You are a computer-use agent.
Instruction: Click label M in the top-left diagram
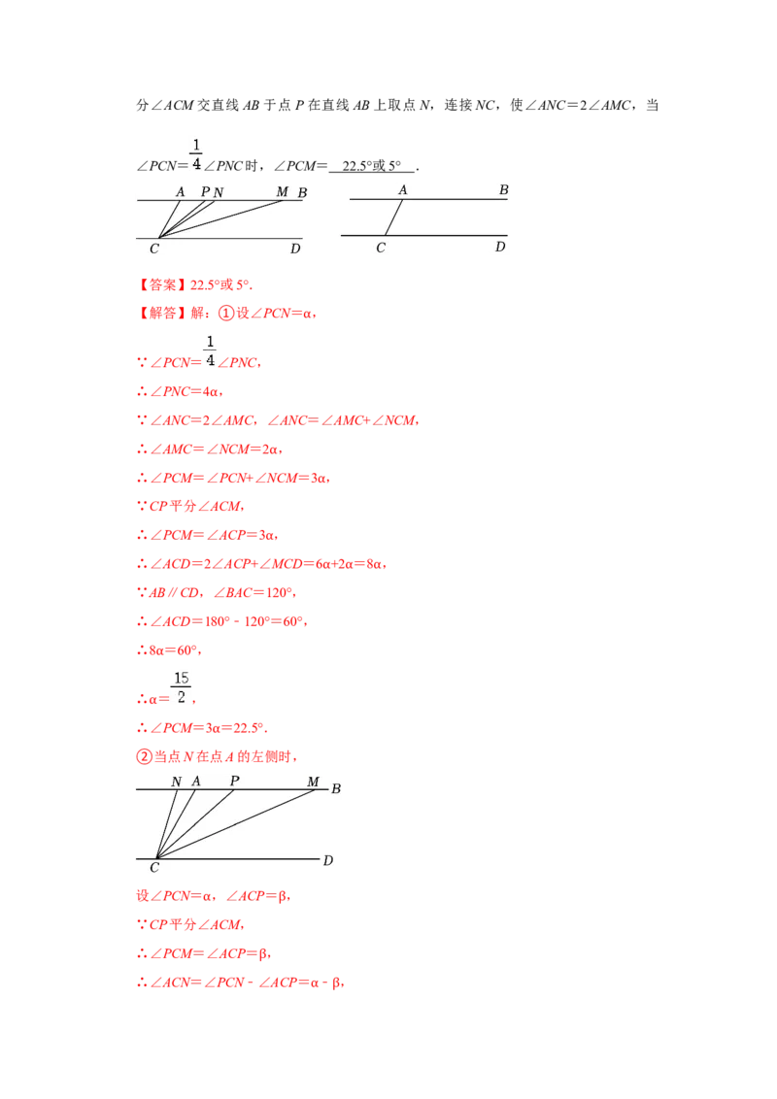[x=282, y=191]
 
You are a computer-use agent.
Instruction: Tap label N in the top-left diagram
[x=219, y=192]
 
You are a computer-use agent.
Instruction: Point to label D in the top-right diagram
[x=500, y=246]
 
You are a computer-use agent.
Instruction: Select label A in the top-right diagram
[x=402, y=189]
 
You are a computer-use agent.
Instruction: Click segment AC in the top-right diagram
[x=394, y=217]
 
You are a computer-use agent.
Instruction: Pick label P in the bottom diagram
[x=234, y=781]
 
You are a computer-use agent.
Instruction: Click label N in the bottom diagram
[x=177, y=781]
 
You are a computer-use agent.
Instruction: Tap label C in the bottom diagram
[x=154, y=868]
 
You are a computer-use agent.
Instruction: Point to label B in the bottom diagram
[x=336, y=788]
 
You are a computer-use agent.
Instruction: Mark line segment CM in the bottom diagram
[x=235, y=823]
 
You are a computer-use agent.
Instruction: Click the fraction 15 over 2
[x=181, y=687]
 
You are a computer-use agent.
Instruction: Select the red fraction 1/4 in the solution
[x=210, y=351]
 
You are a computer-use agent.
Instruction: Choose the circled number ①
[x=225, y=314]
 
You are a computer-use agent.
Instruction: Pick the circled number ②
[x=144, y=756]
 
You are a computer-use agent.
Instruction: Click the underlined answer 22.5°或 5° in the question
[x=372, y=165]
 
